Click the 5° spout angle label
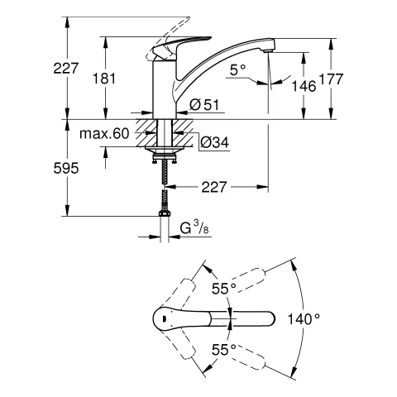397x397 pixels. coord(239,72)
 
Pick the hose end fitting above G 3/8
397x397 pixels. coord(165,213)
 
